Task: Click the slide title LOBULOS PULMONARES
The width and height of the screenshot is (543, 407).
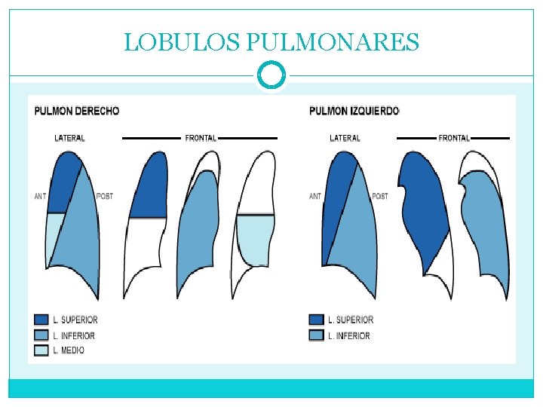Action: [x=271, y=42]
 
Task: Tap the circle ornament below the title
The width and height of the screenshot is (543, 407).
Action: [x=271, y=75]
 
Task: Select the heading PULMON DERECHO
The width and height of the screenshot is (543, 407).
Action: [x=77, y=111]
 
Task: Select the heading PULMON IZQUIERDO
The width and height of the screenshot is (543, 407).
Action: [x=354, y=111]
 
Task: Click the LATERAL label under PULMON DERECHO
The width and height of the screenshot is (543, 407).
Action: [x=69, y=139]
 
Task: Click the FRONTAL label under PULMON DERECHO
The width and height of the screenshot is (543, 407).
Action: [x=201, y=139]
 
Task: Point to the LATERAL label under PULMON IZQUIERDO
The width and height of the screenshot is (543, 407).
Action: [x=345, y=139]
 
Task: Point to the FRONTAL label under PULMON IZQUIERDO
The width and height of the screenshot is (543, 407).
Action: [x=454, y=139]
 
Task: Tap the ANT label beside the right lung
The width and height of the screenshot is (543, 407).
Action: [x=40, y=197]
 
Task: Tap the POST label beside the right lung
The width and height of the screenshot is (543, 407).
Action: [x=105, y=197]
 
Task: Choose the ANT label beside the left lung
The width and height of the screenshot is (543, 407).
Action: [x=315, y=197]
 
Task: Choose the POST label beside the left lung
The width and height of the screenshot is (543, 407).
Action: [x=380, y=197]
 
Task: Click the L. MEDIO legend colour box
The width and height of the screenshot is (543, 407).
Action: [x=41, y=350]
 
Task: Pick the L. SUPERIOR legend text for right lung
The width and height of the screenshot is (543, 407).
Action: [x=75, y=320]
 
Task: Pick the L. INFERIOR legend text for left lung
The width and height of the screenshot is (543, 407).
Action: [x=349, y=336]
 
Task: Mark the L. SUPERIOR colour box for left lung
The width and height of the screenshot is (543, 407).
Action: [x=316, y=320]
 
